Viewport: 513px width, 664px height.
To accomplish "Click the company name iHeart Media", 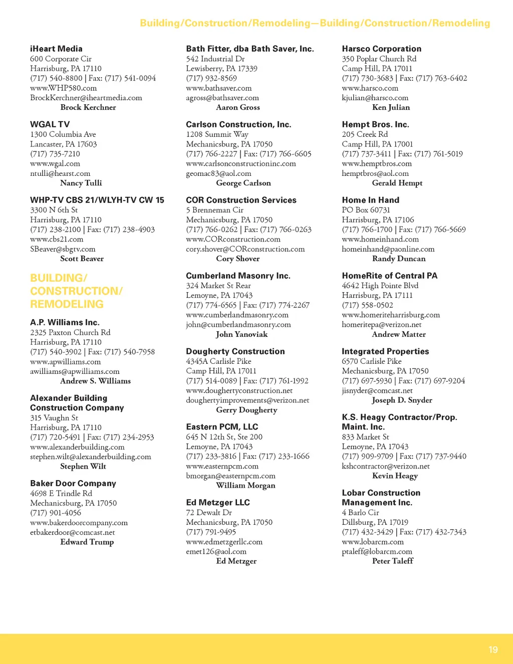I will tap(56, 49).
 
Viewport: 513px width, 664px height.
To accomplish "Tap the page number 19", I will tap(493, 649).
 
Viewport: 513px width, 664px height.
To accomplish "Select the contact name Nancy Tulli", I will tap(81, 183).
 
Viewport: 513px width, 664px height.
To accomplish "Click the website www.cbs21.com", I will tap(57, 239).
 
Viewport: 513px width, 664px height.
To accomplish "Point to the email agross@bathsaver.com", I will tap(222, 98).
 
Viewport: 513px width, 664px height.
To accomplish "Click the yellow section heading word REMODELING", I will tap(67, 304).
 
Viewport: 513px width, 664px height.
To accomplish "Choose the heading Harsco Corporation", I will tap(381, 49).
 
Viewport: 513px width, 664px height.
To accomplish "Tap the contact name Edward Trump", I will tap(87, 542).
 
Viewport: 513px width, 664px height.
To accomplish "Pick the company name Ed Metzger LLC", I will tap(218, 502).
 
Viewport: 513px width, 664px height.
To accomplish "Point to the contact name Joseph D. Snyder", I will tap(402, 400).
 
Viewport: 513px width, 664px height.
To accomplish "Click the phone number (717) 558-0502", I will tap(367, 305).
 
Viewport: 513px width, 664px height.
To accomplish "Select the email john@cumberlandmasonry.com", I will tap(238, 324).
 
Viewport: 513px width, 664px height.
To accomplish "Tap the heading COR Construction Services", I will tap(241, 200).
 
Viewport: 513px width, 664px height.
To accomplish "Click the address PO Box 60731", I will tap(366, 210).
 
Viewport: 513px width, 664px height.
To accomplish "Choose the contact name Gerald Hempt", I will tap(397, 183).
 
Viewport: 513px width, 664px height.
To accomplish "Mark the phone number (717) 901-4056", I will tap(56, 513).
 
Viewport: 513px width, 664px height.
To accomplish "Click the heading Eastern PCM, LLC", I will tap(222, 426).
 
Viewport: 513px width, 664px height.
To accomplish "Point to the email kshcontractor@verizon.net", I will tap(386, 466).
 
